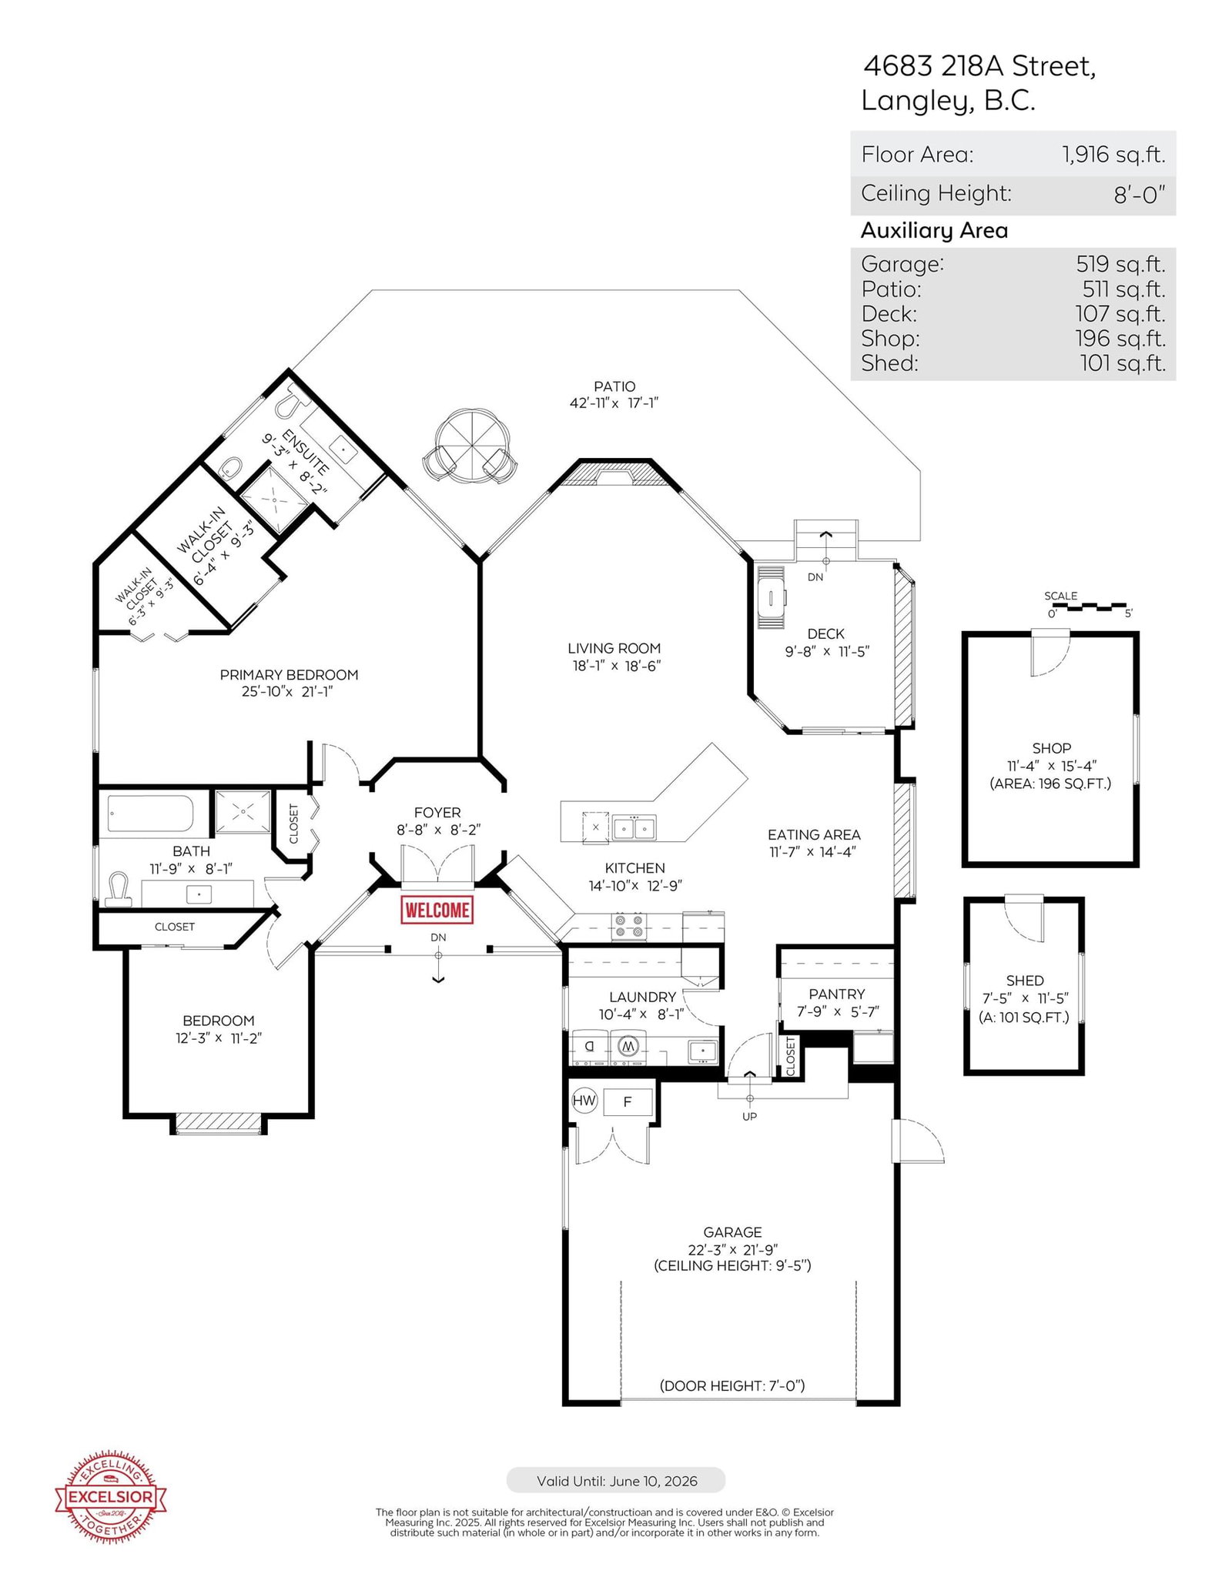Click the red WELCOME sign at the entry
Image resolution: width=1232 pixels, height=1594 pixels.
(437, 910)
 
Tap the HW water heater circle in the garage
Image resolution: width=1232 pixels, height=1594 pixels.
(584, 1100)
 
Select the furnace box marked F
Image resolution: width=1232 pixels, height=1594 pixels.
(628, 1102)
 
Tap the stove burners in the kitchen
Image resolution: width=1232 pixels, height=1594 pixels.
(628, 926)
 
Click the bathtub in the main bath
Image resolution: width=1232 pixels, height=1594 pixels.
(150, 814)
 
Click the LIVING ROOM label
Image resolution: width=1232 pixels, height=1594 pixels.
(614, 648)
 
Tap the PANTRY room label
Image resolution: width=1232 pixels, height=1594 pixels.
(836, 994)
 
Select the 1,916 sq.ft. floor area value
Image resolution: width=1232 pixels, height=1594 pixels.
(1113, 155)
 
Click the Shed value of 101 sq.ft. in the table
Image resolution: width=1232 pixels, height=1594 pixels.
(1123, 363)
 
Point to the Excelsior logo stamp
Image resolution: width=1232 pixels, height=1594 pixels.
(111, 1497)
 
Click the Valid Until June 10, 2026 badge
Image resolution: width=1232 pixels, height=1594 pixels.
(616, 1480)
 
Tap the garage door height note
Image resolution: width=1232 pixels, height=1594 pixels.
(731, 1385)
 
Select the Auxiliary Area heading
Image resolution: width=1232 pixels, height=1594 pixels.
(934, 230)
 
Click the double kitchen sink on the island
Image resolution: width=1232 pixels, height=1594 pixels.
(634, 827)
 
